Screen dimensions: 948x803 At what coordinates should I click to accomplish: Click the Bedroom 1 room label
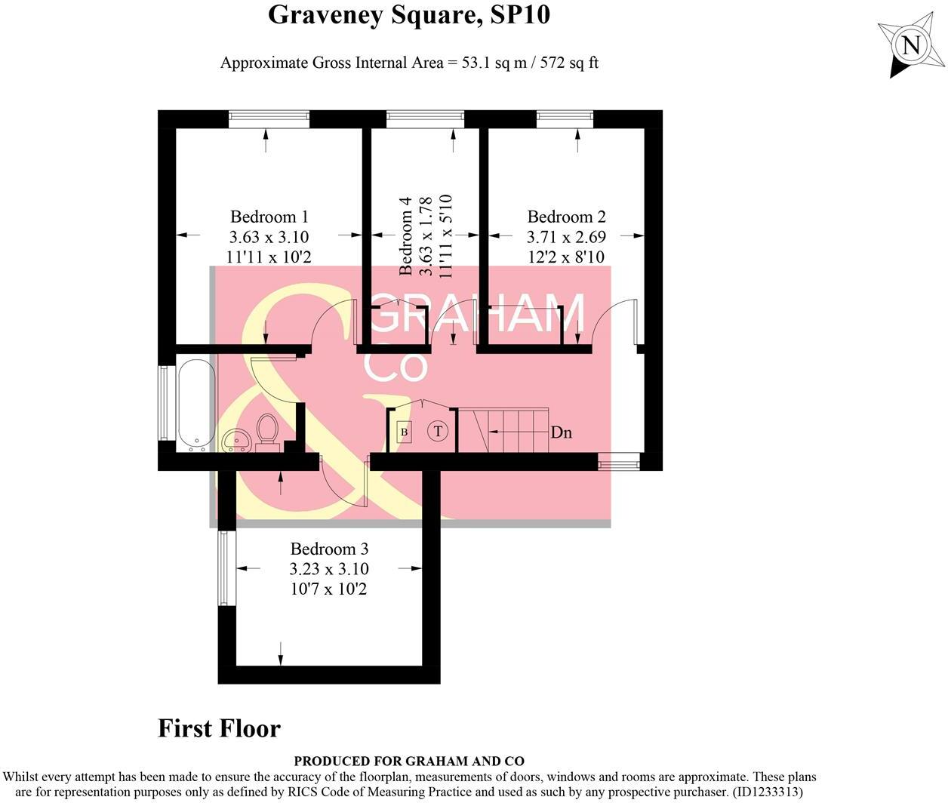click(x=269, y=217)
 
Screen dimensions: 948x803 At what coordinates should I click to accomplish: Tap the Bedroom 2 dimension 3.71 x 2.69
click(x=566, y=237)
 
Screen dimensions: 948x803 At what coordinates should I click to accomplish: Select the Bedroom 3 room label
click(x=329, y=549)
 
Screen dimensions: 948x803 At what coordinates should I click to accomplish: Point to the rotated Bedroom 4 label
click(x=406, y=235)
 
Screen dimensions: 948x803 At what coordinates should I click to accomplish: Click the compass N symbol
click(x=912, y=45)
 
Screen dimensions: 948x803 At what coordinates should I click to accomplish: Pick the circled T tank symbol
click(x=438, y=432)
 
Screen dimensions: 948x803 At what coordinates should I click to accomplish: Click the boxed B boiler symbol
click(x=404, y=432)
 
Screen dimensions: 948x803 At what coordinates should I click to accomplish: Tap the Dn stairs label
click(x=561, y=432)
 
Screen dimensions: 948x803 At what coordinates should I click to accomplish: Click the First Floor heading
click(x=219, y=728)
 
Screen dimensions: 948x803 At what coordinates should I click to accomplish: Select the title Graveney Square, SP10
click(x=409, y=14)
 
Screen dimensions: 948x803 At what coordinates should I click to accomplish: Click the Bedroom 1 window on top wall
click(x=269, y=118)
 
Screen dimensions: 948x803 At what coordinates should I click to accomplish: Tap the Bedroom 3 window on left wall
click(x=223, y=568)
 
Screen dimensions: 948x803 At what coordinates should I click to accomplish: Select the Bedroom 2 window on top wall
click(x=565, y=118)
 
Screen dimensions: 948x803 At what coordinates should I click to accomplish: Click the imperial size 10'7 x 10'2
click(x=329, y=589)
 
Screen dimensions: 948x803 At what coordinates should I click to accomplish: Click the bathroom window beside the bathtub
click(x=164, y=403)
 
